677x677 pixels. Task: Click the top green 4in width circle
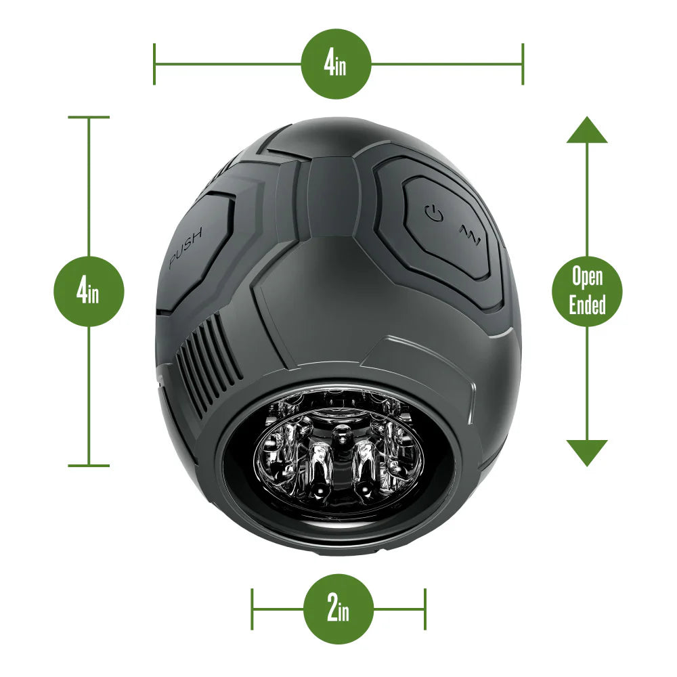pos(336,64)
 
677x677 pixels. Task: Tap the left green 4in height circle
pos(89,292)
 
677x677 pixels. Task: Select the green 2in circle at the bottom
pos(338,609)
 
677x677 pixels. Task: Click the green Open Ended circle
pos(587,291)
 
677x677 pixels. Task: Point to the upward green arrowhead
pos(587,130)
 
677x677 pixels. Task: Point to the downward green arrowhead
pos(587,452)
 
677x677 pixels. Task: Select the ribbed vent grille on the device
pos(209,363)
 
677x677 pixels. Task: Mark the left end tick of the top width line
pos(154,64)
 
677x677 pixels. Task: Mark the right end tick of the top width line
pos(523,64)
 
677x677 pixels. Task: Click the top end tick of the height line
pos(89,118)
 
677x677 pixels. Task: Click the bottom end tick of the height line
pos(89,465)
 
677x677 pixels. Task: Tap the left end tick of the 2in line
pos(253,609)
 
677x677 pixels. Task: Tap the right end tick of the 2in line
pos(425,609)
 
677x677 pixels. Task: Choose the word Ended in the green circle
pos(587,305)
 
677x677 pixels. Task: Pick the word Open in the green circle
pos(587,277)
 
